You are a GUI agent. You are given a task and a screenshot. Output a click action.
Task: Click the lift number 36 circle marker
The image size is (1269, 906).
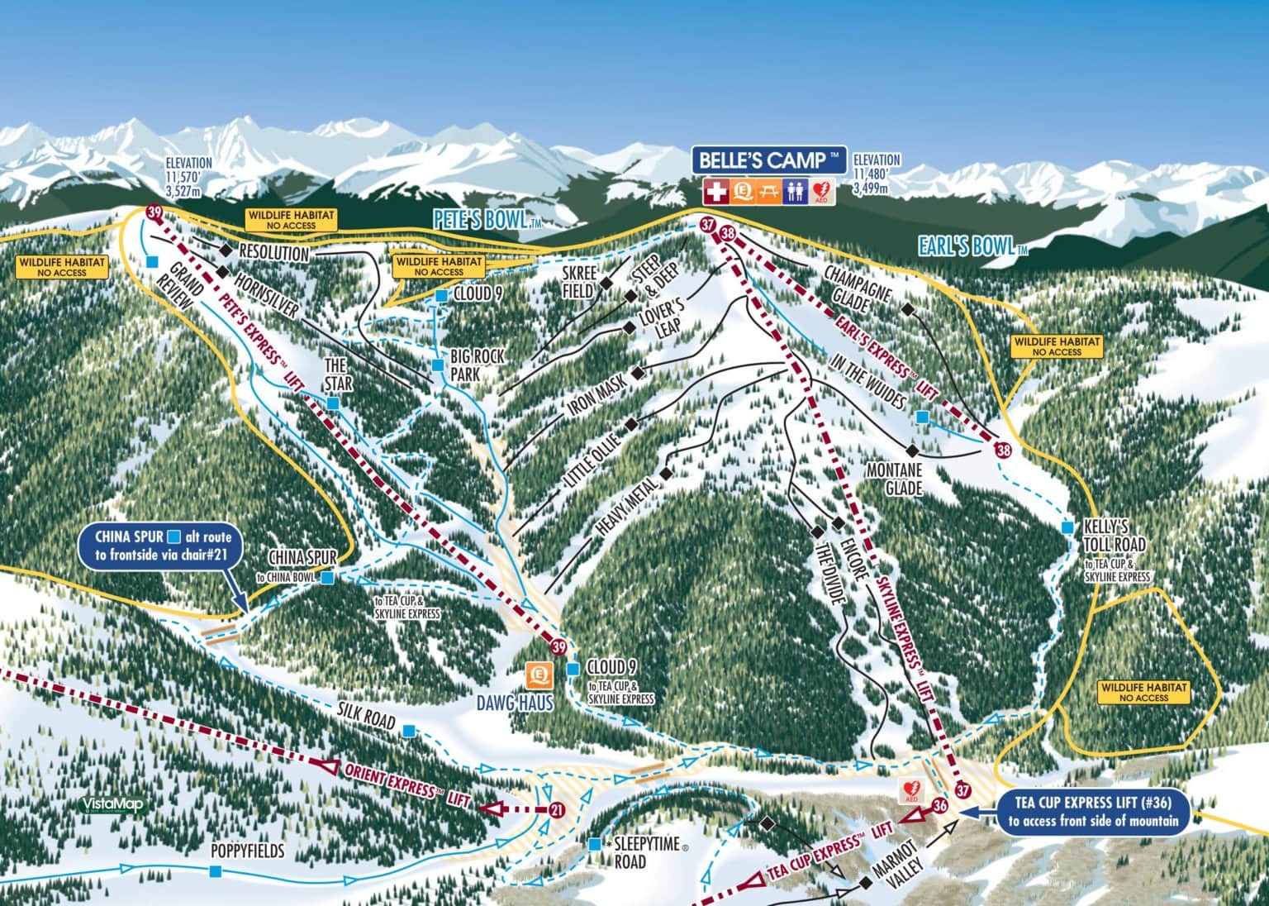939,804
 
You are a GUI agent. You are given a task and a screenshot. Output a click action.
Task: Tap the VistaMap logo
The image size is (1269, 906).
102,803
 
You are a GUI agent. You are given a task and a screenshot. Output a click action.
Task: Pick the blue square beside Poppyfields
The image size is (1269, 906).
216,871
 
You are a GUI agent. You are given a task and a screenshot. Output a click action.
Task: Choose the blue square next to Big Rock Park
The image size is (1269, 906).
439,365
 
